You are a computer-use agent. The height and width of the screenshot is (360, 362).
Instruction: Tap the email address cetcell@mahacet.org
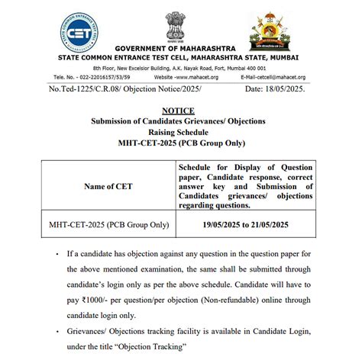273,77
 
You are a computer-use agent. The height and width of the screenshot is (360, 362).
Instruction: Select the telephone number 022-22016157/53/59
95,77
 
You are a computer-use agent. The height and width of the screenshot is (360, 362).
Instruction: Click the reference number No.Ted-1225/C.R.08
86,90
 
